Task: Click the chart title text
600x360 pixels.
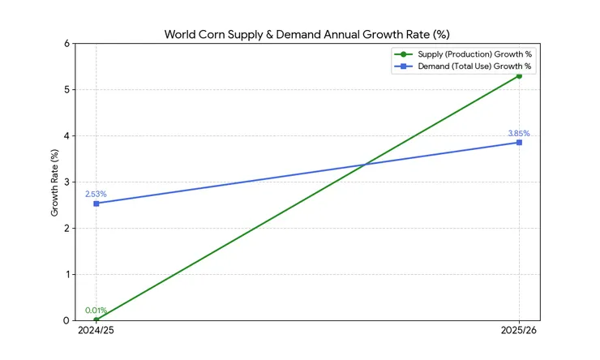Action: pyautogui.click(x=306, y=34)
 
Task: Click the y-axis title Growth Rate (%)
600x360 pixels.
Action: pyautogui.click(x=55, y=182)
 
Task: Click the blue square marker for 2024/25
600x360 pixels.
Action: pyautogui.click(x=96, y=204)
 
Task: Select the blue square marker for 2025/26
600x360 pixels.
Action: pyautogui.click(x=519, y=143)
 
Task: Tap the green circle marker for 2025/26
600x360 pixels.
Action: pyautogui.click(x=519, y=75)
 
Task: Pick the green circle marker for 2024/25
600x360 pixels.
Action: pyautogui.click(x=96, y=319)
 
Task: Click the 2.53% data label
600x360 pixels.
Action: pyautogui.click(x=96, y=194)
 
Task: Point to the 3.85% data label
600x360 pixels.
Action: pyautogui.click(x=519, y=133)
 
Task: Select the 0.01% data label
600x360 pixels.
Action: pyautogui.click(x=96, y=310)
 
